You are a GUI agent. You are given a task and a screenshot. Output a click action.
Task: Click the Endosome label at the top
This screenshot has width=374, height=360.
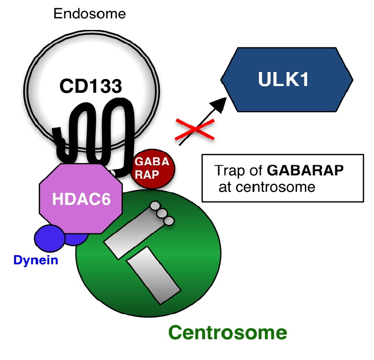click(90, 14)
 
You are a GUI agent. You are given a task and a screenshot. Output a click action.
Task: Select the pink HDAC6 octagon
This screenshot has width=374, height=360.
click(81, 198)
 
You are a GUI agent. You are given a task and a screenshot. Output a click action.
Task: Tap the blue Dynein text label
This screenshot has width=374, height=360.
click(36, 260)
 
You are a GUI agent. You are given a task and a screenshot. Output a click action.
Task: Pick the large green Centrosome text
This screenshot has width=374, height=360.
click(227, 332)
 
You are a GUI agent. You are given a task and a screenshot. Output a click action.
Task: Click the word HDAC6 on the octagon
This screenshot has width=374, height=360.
click(81, 199)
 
